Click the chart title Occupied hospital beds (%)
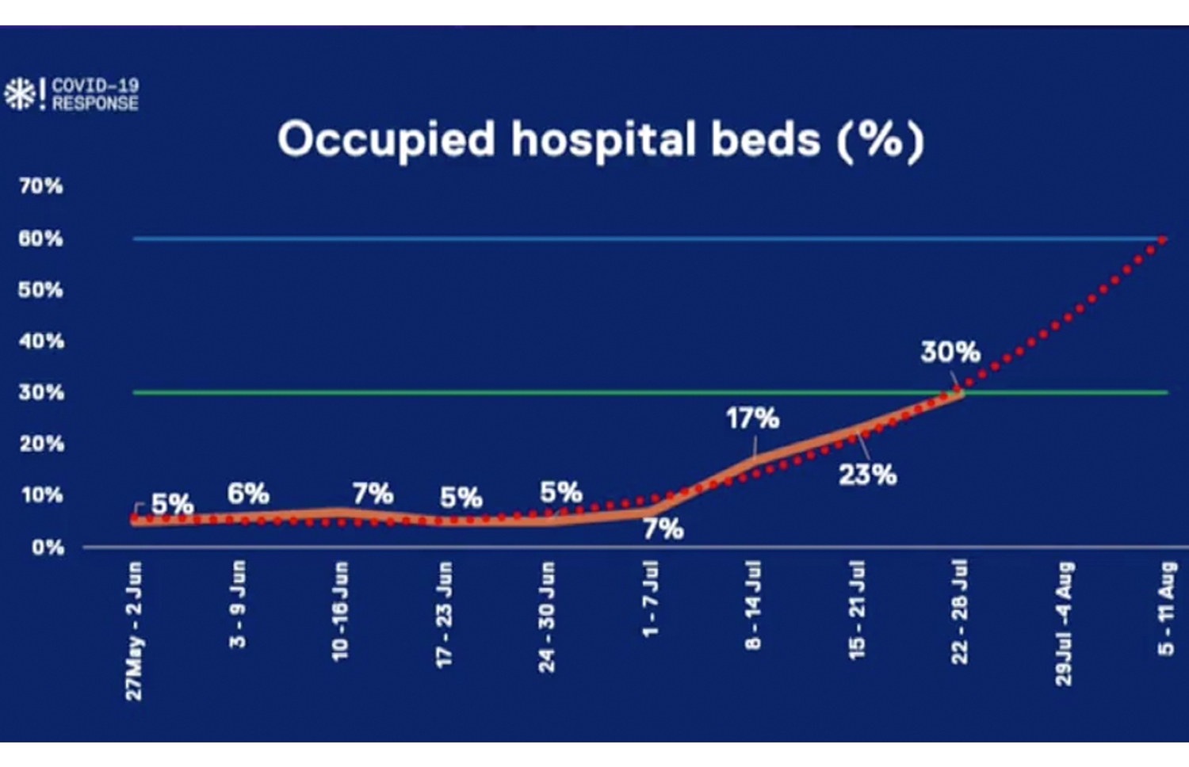[x=600, y=140]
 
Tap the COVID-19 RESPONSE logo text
[x=95, y=94]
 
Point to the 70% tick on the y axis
[x=40, y=186]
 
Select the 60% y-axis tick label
[x=40, y=238]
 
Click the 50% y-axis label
[x=40, y=290]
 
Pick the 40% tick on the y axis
[x=40, y=342]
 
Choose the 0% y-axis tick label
[x=48, y=548]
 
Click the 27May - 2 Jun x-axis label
[x=134, y=631]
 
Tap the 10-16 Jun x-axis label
[x=340, y=611]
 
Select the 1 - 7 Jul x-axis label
[x=650, y=599]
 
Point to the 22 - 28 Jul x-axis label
[x=960, y=611]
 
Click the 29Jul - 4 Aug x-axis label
[x=1064, y=623]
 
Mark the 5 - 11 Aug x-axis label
[x=1166, y=608]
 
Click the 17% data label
[x=752, y=418]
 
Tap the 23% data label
[x=867, y=475]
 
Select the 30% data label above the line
[x=950, y=352]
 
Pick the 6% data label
[x=248, y=494]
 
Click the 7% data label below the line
[x=663, y=529]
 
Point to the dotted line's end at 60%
[x=1163, y=238]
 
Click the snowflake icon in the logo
[x=18, y=94]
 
